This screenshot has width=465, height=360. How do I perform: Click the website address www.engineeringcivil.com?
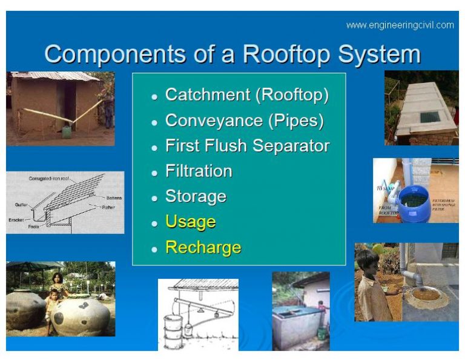pos(400,25)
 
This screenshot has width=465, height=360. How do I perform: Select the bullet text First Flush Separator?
pos(247,146)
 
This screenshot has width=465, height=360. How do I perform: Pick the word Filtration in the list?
pos(199,172)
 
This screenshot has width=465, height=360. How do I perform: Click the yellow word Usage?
pos(190,222)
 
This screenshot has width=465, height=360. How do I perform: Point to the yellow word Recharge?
pos(203,247)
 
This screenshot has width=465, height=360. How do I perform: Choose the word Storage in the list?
pos(196,197)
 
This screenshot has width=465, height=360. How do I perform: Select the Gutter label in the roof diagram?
pos(22,205)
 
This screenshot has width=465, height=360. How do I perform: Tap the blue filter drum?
pos(415,204)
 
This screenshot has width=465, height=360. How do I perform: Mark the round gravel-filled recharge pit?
pos(424,295)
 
